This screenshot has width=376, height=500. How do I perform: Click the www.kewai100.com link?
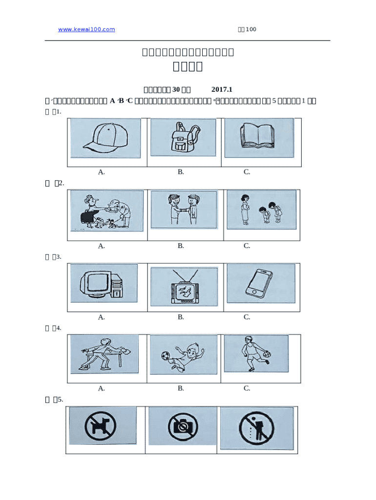coord(86,29)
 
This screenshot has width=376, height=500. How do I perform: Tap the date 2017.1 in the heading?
coord(222,89)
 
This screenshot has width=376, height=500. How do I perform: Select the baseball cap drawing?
coord(105,138)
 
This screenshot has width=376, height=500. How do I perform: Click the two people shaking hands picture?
coord(183,209)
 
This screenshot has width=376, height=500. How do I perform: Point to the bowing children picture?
coord(261,210)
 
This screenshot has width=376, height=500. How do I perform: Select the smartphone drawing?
coord(260,283)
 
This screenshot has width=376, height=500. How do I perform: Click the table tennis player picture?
coord(104,354)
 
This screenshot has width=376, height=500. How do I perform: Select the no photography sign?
coord(182,426)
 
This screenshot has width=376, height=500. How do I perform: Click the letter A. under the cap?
coord(102,172)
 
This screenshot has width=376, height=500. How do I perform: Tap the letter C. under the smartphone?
coord(247,317)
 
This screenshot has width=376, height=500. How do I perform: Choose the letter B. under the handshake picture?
coord(181,246)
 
